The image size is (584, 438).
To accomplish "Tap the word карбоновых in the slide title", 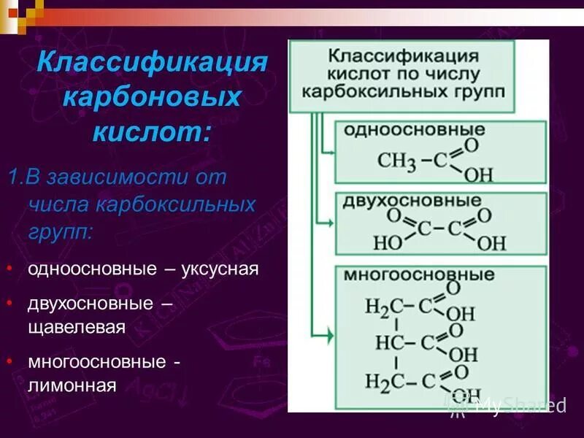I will click(x=152, y=96).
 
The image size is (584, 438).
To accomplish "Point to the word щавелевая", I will click(x=77, y=326).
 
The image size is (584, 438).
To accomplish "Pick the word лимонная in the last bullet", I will click(x=72, y=385).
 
